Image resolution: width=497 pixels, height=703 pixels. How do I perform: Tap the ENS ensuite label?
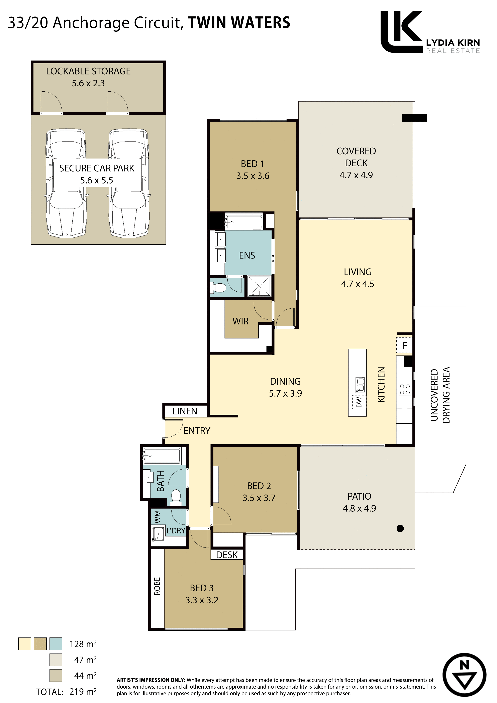[x=247, y=255]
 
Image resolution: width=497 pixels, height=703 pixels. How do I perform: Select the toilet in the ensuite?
[x=218, y=288]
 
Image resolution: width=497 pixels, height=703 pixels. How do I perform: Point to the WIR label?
[x=240, y=321]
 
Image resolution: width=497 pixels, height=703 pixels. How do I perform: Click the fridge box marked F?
[x=405, y=345]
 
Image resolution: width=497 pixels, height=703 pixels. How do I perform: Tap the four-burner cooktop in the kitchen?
[x=405, y=389]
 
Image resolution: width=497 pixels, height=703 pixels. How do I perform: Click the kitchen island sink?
[x=360, y=385]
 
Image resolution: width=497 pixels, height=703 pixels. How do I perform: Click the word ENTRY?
[x=197, y=431]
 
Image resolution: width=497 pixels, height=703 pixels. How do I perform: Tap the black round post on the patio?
[x=400, y=528]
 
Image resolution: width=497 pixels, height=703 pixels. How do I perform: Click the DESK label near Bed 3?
[x=227, y=555]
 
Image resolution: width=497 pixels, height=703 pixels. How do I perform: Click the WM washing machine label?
[x=157, y=517]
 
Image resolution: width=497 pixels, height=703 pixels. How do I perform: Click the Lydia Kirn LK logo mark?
[x=401, y=31]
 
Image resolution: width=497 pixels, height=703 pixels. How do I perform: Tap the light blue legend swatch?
[x=56, y=644]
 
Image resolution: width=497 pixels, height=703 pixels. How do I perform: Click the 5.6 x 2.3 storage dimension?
[x=88, y=83]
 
